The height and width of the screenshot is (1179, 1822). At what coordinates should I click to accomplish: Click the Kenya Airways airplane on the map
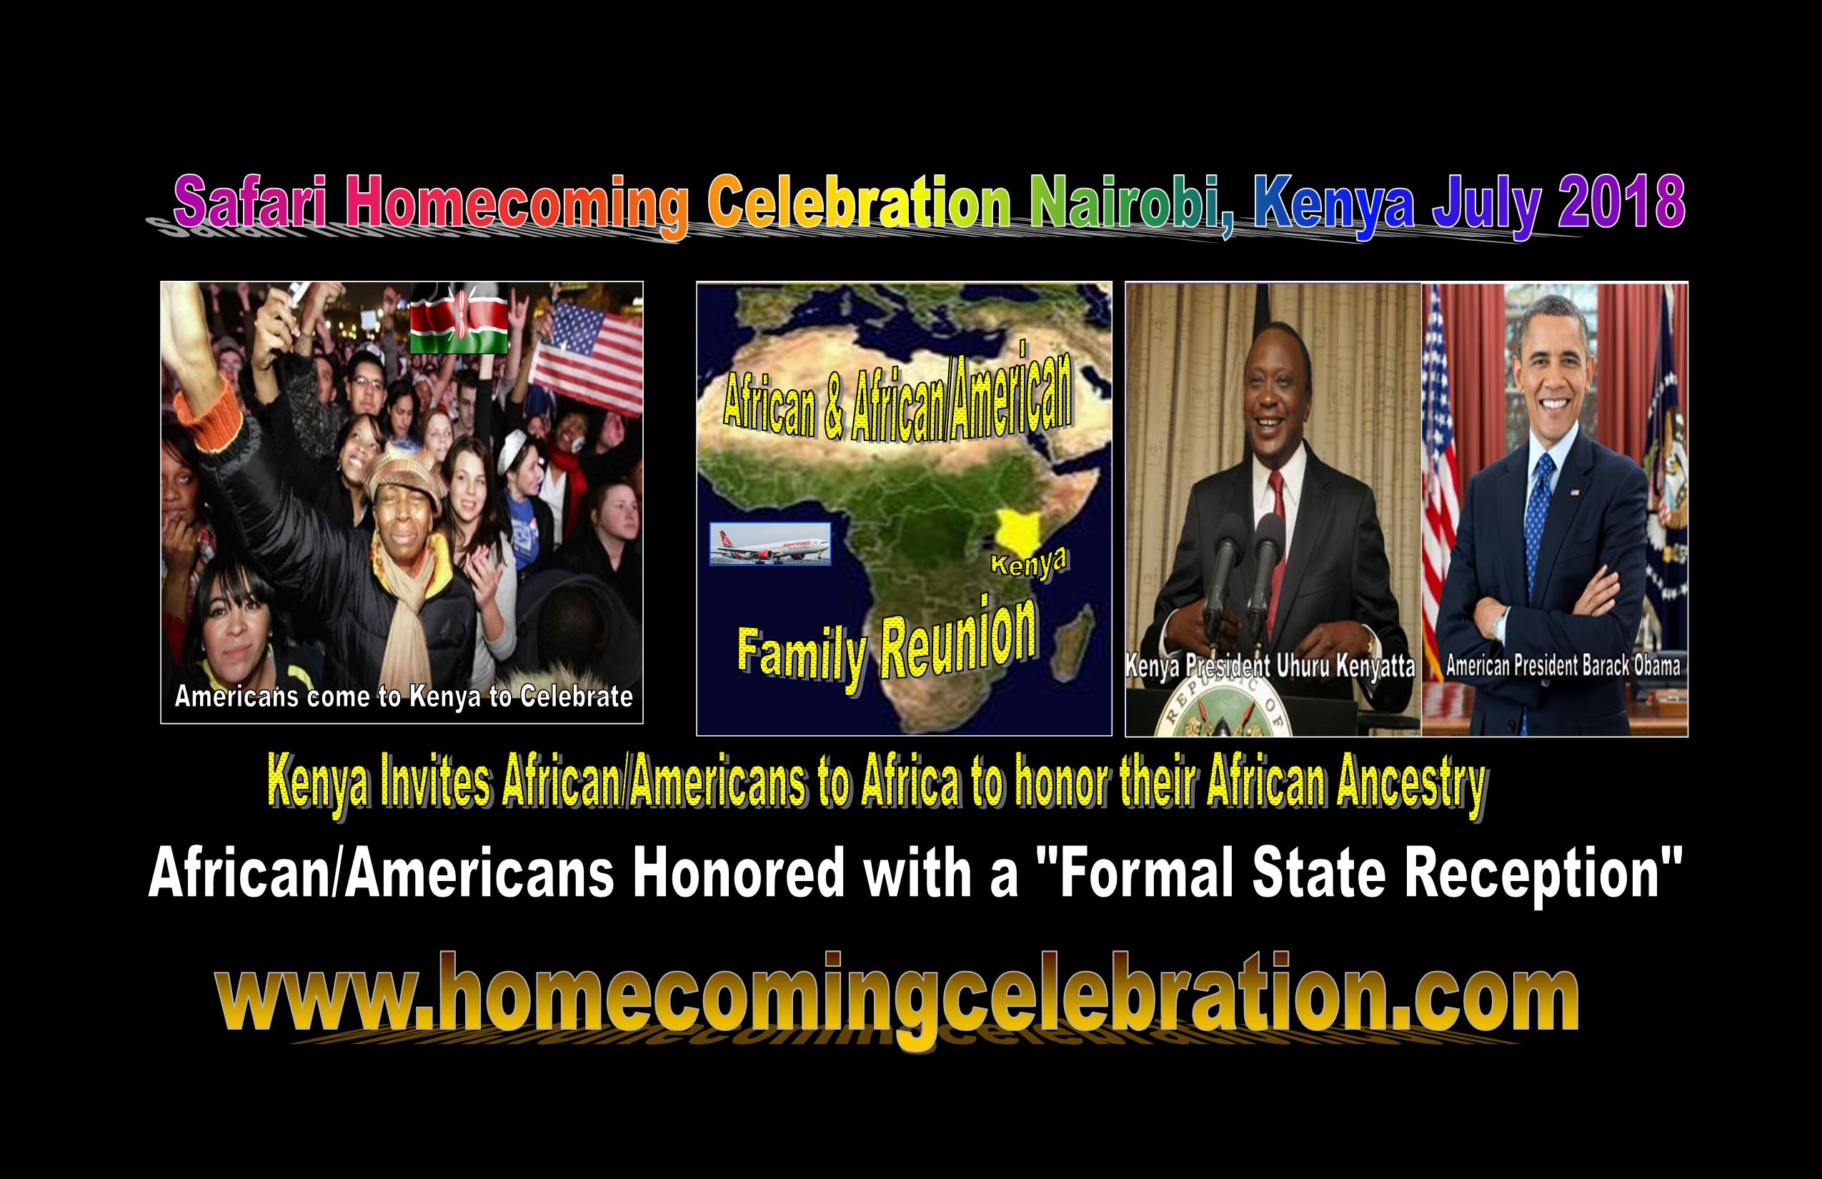(x=770, y=544)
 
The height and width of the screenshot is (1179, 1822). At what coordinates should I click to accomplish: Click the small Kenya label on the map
(x=1030, y=564)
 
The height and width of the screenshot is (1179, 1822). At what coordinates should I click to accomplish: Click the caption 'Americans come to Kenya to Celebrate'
(x=404, y=697)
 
